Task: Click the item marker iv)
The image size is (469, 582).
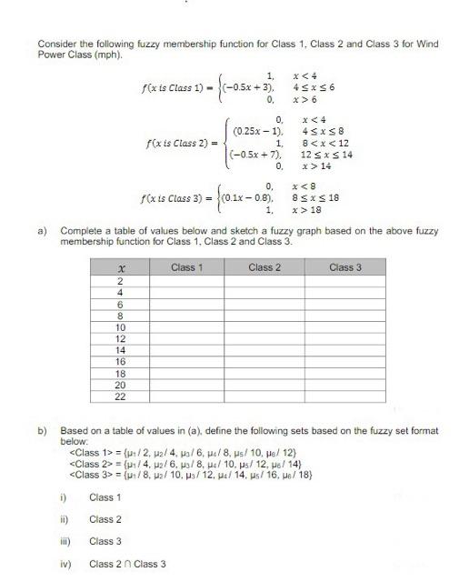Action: (65, 563)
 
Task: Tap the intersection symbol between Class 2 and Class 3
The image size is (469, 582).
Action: (127, 563)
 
